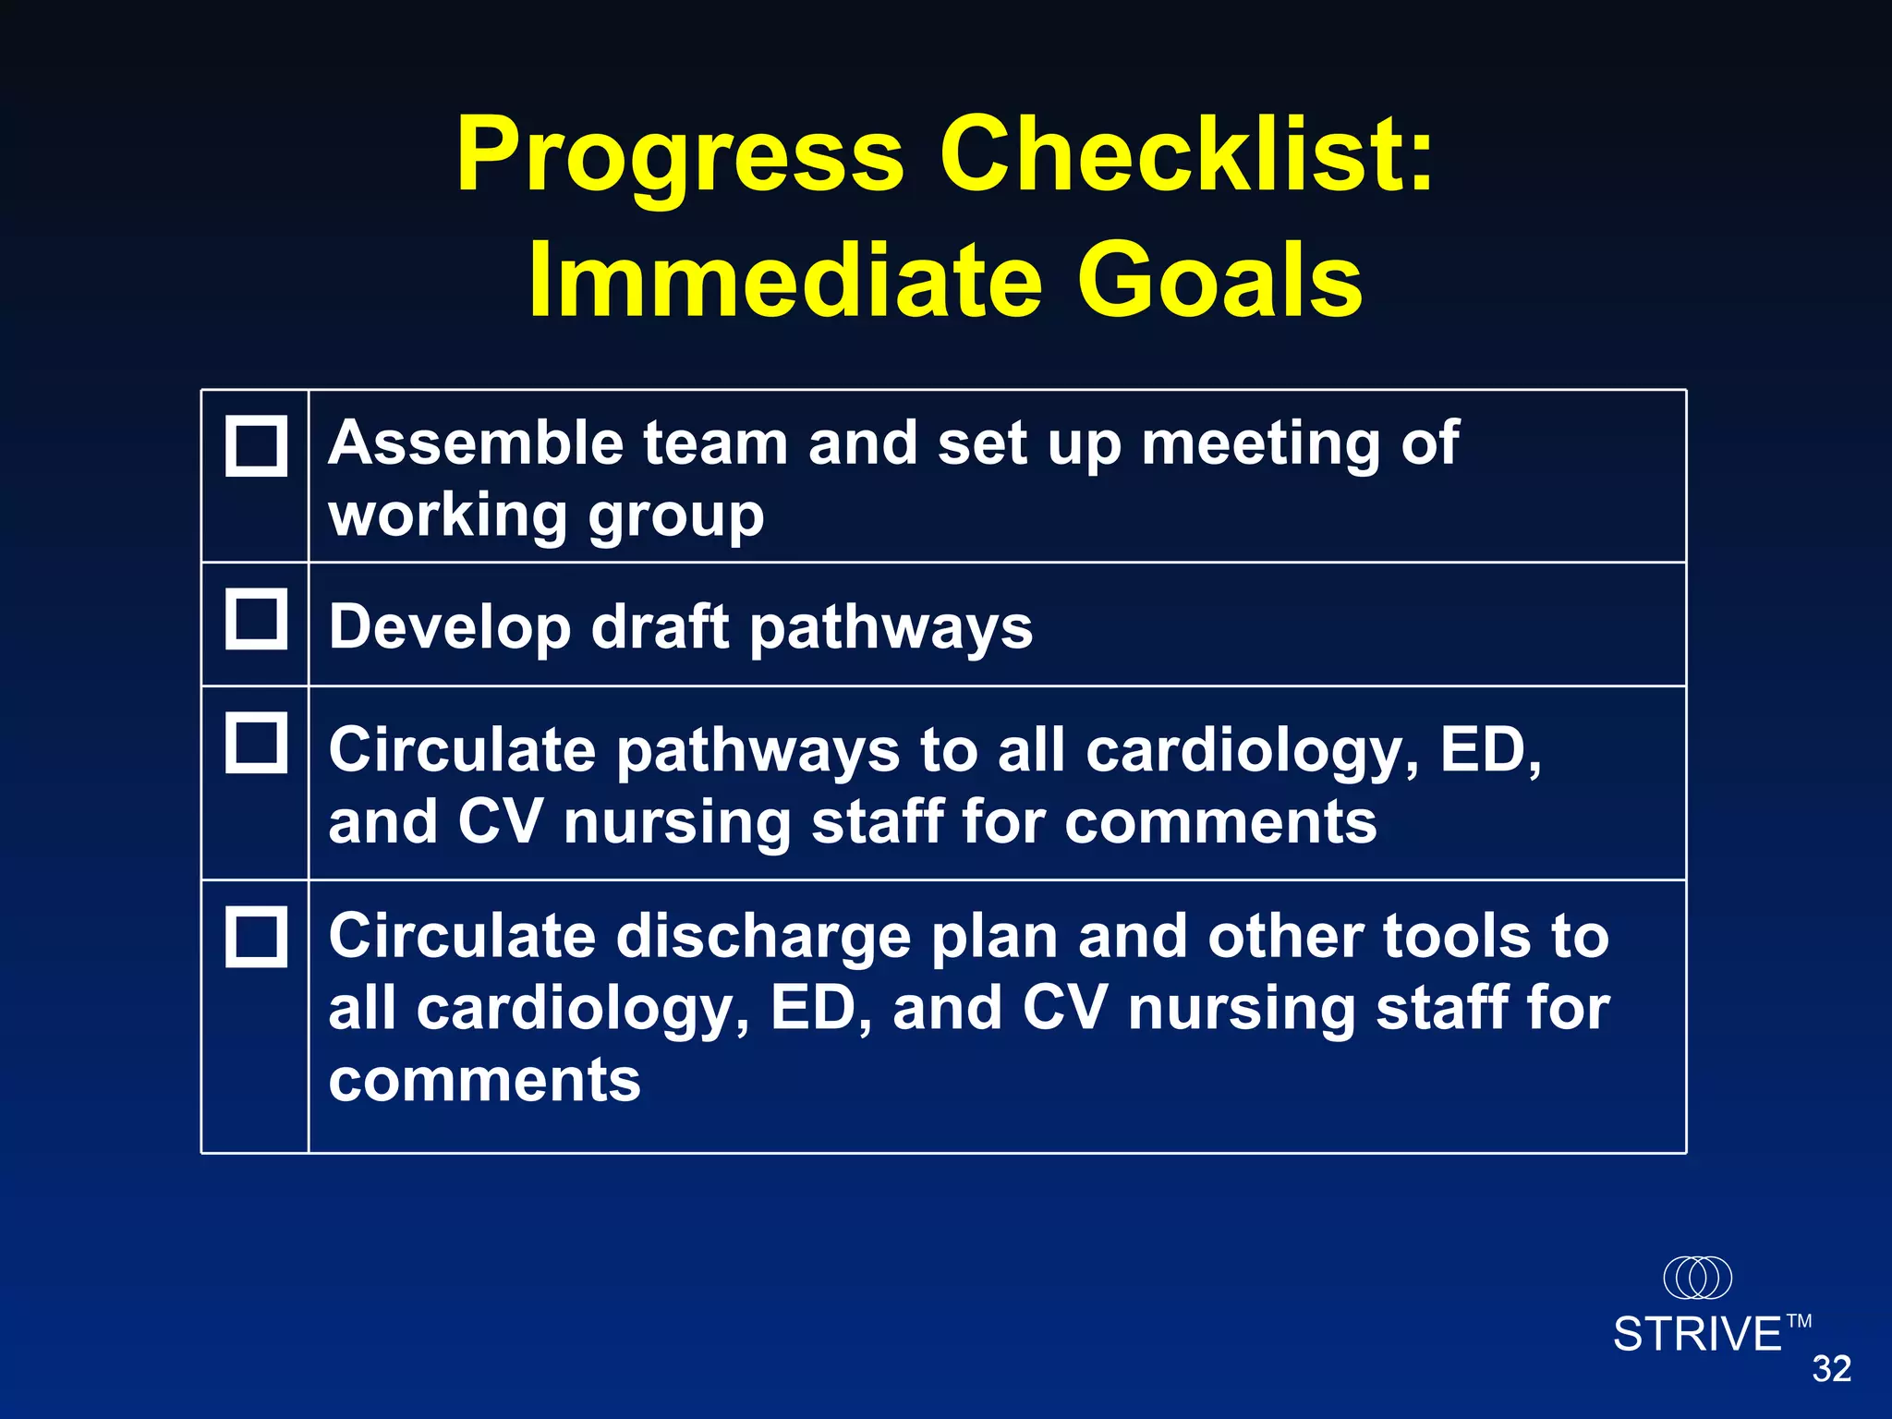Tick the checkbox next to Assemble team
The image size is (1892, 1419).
256,446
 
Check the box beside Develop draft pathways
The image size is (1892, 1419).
256,619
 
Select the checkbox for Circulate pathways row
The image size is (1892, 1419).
256,742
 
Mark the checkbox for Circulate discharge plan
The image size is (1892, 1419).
256,937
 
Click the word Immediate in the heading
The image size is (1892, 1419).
785,280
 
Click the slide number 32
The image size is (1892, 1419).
1831,1369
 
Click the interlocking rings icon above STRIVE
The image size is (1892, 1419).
1697,1278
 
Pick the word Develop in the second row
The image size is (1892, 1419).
450,628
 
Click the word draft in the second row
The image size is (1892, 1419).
660,626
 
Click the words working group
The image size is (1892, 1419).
546,516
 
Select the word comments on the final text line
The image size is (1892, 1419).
484,1080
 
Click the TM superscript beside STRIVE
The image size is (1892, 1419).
1799,1321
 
